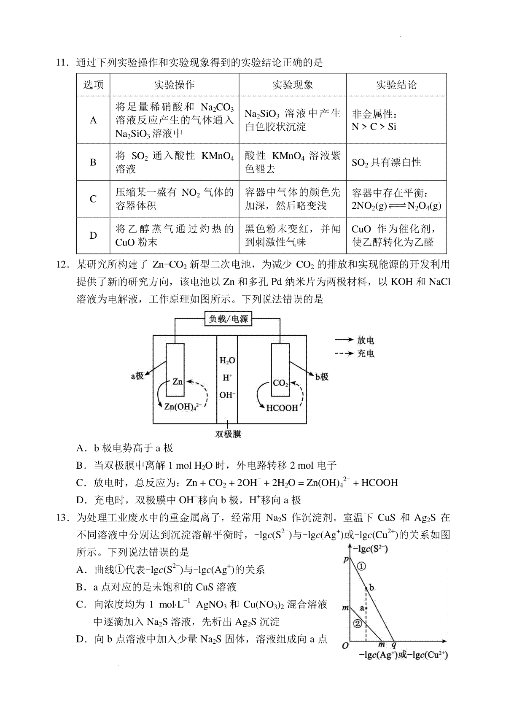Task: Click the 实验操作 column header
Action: pos(174,85)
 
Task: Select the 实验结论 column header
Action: pos(396,85)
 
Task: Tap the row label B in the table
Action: pos(93,162)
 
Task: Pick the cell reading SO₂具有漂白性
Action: pos(386,162)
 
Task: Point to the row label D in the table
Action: pos(93,235)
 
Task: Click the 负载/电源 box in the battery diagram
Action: pos(228,318)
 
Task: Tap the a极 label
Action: pos(137,376)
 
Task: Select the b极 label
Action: pos(322,377)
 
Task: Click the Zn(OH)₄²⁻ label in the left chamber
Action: pos(183,406)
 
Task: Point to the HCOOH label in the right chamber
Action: pos(282,407)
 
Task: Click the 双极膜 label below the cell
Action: pos(228,434)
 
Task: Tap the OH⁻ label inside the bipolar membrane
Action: pos(227,395)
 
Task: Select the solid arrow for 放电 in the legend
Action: pos(344,340)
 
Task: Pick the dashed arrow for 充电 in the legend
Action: pos(344,353)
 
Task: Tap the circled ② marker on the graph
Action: pos(358,623)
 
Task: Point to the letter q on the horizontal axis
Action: pos(394,645)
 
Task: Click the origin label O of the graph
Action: pos(345,646)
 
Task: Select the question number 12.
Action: pos(62,264)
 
